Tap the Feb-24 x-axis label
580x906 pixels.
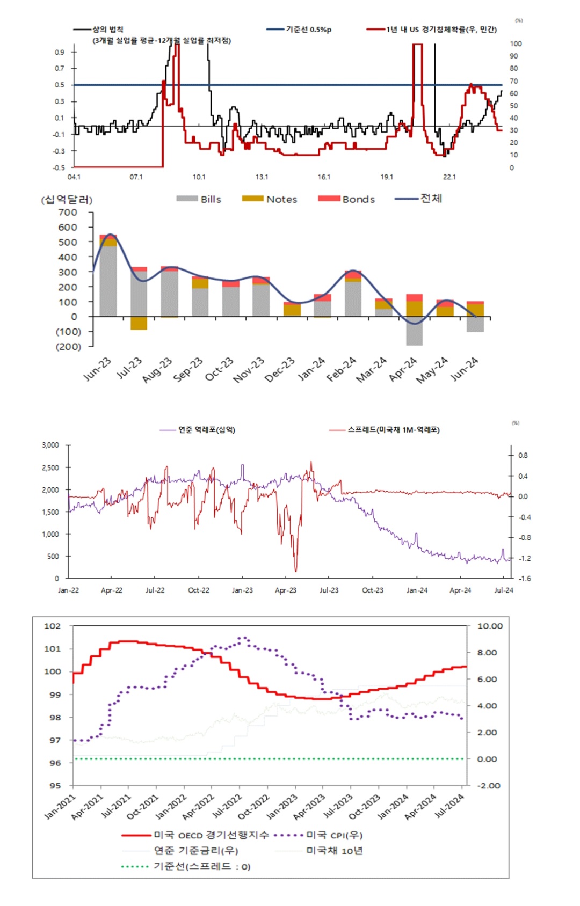pos(342,369)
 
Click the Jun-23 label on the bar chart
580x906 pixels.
pos(97,369)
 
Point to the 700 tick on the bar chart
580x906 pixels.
pos(68,213)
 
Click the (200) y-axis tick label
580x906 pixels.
pos(68,347)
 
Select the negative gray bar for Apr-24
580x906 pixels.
pos(414,331)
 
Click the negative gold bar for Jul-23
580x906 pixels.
pos(139,323)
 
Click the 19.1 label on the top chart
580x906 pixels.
pos(387,177)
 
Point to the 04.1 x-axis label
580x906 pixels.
pos(74,177)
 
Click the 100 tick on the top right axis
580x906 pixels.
pos(516,44)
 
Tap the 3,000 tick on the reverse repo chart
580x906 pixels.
pos(50,445)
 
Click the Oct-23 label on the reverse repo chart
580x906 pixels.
pos(373,590)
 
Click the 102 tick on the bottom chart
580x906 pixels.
pos(53,626)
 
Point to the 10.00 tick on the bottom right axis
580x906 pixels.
pos(490,626)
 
